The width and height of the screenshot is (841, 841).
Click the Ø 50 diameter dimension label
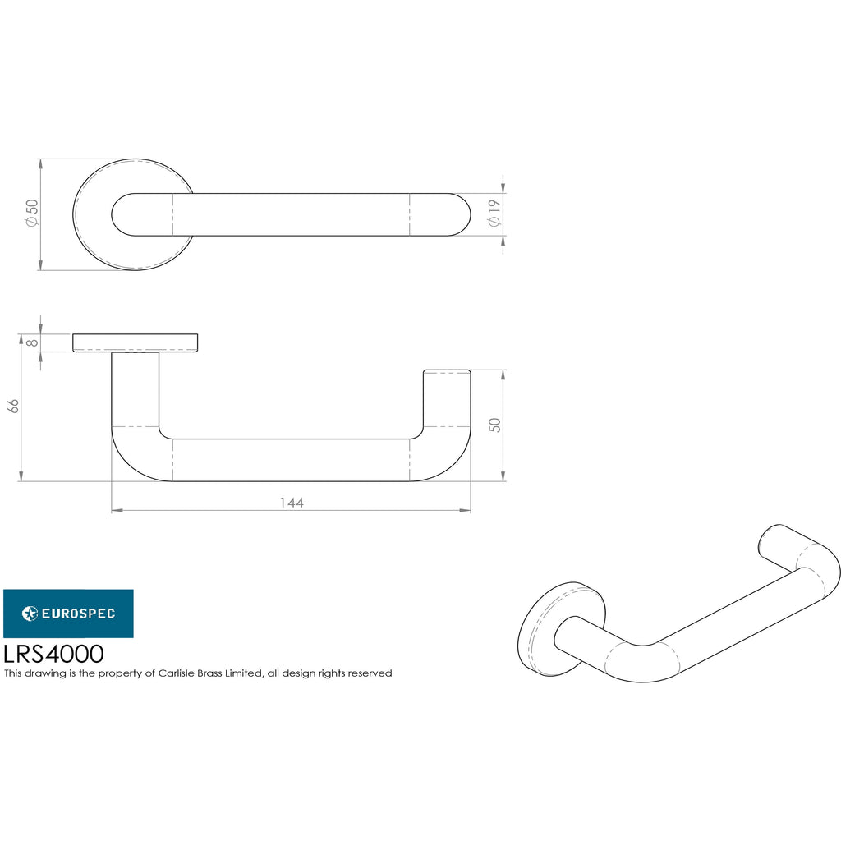(x=32, y=213)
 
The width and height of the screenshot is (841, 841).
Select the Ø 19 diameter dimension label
(x=494, y=213)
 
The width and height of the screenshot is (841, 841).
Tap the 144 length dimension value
(x=292, y=503)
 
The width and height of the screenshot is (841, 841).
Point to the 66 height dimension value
(x=14, y=406)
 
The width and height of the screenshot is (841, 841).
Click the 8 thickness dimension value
(x=33, y=342)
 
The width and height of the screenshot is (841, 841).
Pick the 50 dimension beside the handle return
(x=494, y=425)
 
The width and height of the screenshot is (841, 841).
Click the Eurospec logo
(x=69, y=614)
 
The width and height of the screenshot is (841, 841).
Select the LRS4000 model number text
(x=53, y=654)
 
